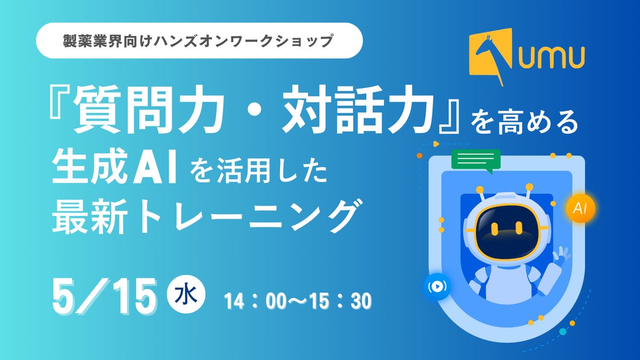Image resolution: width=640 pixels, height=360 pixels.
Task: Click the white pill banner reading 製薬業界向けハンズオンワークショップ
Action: pos(199,41)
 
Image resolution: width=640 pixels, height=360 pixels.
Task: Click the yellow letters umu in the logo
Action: pos(551,57)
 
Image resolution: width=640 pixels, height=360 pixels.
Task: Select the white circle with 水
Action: pos(186,294)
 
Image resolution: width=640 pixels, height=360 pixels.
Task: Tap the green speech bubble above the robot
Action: pos(476,160)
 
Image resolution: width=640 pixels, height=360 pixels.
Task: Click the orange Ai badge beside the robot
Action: pos(580,208)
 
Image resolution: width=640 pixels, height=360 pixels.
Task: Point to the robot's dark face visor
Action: pos(507,231)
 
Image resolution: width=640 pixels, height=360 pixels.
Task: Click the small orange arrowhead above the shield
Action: pos(436,143)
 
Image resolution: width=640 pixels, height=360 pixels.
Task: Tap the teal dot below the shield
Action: pos(563,331)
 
